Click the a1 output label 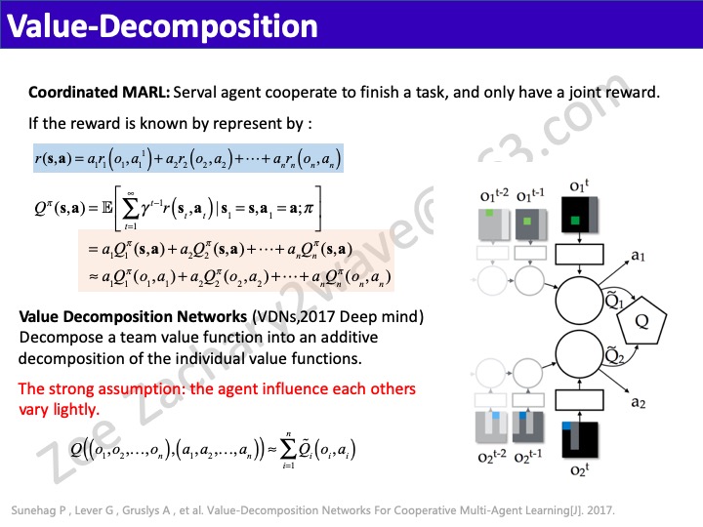[638, 256]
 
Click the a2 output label [638, 401]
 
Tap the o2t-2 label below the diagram [494, 459]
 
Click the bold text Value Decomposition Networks [134, 317]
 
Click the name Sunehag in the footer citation [36, 510]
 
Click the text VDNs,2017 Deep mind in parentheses [337, 317]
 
